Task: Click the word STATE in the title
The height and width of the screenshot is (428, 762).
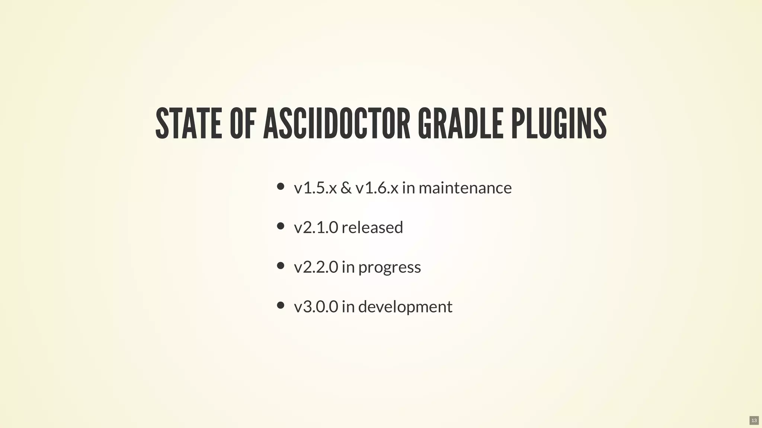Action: tap(188, 124)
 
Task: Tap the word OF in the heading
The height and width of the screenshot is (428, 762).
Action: tap(243, 124)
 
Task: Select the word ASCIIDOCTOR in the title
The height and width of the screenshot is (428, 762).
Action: tap(336, 124)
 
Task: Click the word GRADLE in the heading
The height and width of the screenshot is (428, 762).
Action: tap(460, 124)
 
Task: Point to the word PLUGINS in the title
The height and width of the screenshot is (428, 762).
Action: tap(559, 124)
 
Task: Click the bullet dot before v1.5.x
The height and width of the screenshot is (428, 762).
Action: tap(281, 186)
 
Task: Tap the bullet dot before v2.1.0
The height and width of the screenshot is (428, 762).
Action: tap(281, 226)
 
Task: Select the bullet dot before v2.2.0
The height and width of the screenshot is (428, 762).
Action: tap(281, 266)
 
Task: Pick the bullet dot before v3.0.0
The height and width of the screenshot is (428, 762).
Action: tap(281, 305)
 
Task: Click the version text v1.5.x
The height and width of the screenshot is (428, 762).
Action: tap(315, 188)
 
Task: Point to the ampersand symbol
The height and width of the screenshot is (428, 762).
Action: tap(346, 188)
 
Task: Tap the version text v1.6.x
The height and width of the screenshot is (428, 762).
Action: tap(377, 188)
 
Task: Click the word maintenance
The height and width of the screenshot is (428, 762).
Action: tap(465, 188)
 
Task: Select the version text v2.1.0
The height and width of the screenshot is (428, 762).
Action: tap(316, 227)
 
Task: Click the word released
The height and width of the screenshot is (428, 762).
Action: tap(372, 227)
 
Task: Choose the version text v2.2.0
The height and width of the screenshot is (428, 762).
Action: tap(316, 267)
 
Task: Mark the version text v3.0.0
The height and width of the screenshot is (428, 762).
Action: tap(316, 307)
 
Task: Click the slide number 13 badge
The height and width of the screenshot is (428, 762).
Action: tap(754, 421)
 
